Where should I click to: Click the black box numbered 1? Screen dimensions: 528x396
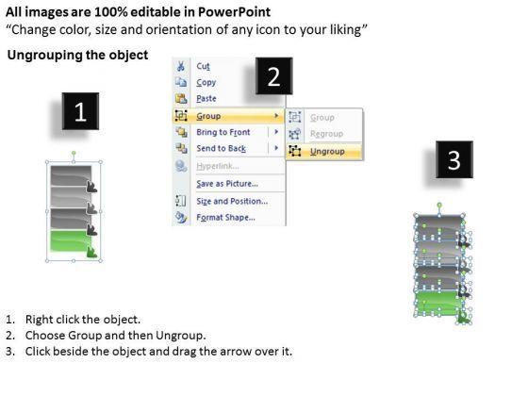[80, 111]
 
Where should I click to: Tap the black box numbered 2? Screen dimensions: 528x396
[273, 76]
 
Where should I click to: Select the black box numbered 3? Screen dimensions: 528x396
[454, 159]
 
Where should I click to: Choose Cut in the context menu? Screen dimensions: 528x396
[203, 66]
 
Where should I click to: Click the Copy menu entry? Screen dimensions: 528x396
[206, 83]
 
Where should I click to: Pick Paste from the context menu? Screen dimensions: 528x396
[206, 99]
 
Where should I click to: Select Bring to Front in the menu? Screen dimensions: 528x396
[223, 132]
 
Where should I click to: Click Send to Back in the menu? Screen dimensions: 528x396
[221, 148]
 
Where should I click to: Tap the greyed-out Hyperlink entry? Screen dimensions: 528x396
[218, 166]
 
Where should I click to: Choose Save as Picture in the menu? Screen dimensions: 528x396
[227, 184]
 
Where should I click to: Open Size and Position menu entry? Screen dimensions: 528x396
[232, 201]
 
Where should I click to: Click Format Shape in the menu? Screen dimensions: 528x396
[225, 217]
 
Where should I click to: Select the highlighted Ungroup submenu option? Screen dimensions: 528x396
[327, 152]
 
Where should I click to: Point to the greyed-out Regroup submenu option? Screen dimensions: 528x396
[326, 134]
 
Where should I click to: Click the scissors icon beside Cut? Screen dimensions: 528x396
[181, 66]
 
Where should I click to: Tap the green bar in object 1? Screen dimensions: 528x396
[71, 240]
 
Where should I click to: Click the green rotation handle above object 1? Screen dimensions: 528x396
[74, 154]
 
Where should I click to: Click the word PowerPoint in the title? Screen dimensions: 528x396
[234, 12]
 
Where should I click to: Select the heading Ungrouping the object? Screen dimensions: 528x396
[77, 55]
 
